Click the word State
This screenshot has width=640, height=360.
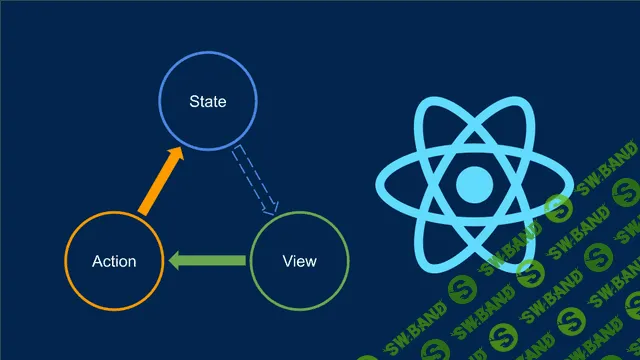point(208,102)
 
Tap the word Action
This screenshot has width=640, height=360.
point(114,261)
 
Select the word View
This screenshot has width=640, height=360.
point(300,261)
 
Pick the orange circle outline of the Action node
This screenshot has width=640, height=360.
point(66,261)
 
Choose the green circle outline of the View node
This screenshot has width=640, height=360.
point(349,261)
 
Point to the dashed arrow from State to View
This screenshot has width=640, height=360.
point(254,180)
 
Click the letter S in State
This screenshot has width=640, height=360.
point(194,102)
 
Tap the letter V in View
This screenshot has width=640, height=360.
point(288,261)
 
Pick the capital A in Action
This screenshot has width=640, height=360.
point(97,261)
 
